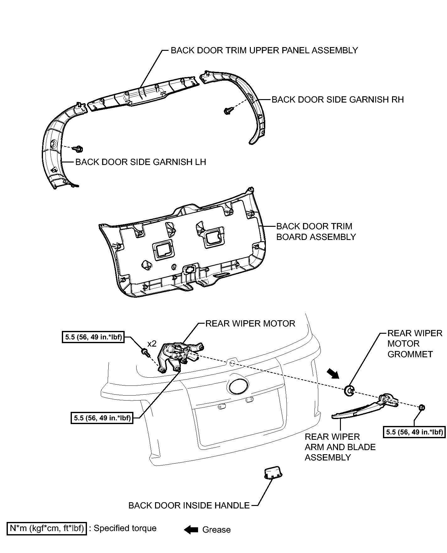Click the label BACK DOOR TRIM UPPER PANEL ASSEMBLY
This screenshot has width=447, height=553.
(264, 51)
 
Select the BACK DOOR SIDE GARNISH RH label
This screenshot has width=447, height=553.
(338, 100)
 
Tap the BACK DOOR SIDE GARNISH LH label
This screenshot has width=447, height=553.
(141, 162)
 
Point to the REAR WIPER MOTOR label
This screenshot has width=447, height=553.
(250, 324)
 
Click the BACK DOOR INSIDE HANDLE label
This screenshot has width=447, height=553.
(189, 506)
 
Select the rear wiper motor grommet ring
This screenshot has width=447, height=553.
(349, 391)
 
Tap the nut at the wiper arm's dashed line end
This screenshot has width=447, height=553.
(422, 407)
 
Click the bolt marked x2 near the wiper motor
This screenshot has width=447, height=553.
(145, 352)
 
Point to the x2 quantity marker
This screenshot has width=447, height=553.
(152, 344)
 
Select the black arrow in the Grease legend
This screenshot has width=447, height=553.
(191, 530)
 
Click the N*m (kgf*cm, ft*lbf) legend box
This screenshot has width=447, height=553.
(47, 529)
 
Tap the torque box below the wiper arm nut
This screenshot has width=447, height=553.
(414, 432)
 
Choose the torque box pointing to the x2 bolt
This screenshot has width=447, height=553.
(93, 338)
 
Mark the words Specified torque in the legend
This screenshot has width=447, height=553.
(125, 528)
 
